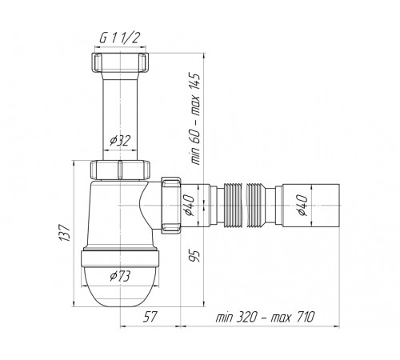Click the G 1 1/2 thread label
click(x=119, y=38)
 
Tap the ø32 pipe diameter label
click(x=120, y=141)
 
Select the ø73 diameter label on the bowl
click(x=120, y=276)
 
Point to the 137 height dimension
click(x=65, y=233)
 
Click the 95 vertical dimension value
click(x=196, y=256)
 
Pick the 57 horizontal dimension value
click(x=150, y=317)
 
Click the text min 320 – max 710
click(x=265, y=317)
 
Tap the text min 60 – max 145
click(x=196, y=118)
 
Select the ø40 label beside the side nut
click(x=189, y=206)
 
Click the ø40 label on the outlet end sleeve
click(x=302, y=206)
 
